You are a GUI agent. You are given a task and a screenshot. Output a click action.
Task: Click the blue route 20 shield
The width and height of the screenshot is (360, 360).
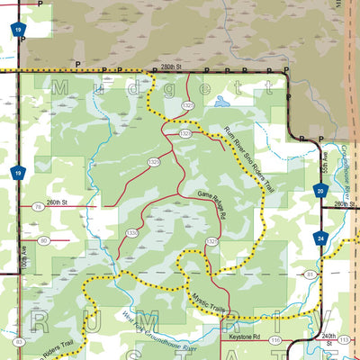click(320, 190)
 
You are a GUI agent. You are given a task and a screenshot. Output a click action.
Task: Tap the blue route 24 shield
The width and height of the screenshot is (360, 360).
click(320, 238)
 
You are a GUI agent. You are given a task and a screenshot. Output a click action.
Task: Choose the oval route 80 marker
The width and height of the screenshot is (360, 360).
click(43, 240)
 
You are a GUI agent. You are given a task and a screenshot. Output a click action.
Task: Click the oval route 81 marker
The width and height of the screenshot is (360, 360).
click(310, 273)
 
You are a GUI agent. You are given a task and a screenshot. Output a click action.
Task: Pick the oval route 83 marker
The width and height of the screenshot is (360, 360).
click(19, 341)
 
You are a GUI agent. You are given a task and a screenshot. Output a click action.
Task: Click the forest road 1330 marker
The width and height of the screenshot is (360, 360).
click(132, 233)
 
